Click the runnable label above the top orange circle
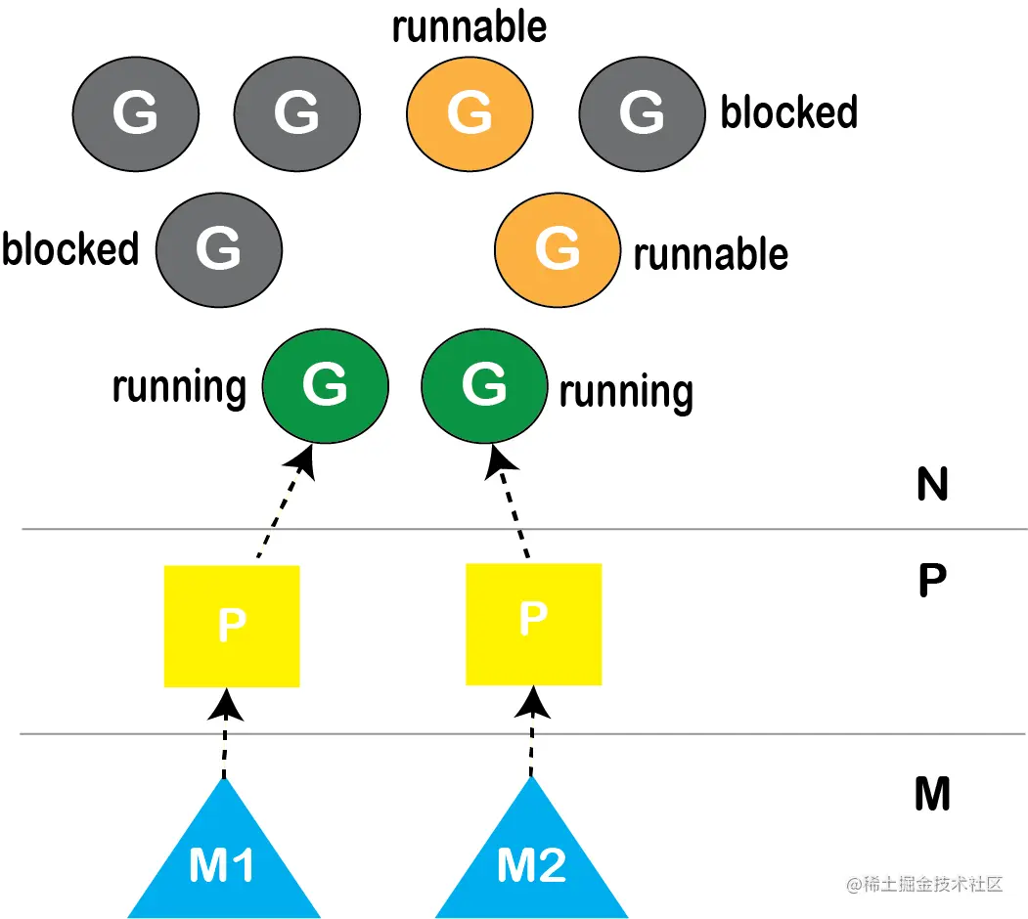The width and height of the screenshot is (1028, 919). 469,26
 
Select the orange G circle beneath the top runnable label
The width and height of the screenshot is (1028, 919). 469,114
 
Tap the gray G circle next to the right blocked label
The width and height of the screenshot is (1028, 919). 642,114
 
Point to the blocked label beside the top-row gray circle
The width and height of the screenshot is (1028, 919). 789,111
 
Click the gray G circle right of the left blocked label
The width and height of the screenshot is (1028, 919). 219,249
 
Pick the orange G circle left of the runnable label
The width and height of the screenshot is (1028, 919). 558,249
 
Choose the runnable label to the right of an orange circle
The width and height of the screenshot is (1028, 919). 711,254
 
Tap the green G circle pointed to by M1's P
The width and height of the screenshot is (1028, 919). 325,386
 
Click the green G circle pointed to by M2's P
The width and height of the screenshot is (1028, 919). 484,386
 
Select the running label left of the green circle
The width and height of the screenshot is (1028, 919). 179,388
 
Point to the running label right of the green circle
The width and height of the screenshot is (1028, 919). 626,392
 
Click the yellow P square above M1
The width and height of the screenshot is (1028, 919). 232,626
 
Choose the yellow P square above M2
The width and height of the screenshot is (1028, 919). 534,624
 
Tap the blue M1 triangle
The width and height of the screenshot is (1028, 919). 224,853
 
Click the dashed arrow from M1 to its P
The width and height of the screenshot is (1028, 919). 225,733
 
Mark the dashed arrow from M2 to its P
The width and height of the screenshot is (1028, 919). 532,731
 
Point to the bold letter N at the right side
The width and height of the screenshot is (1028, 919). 932,484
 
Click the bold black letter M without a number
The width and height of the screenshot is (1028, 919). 932,794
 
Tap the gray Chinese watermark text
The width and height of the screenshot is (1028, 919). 924,884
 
